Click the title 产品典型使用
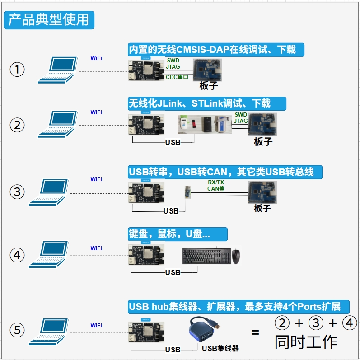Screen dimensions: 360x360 [49, 20]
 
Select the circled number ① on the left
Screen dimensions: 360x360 [17, 70]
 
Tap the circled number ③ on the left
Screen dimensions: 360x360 [17, 192]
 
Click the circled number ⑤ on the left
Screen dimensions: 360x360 [17, 330]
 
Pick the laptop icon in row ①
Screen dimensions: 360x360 [56, 70]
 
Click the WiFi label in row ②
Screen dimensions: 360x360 [96, 112]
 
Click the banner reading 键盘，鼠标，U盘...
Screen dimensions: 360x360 [177, 234]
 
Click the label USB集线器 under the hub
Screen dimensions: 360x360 [220, 348]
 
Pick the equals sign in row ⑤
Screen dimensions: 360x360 [255, 332]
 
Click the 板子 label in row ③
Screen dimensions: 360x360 [262, 208]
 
